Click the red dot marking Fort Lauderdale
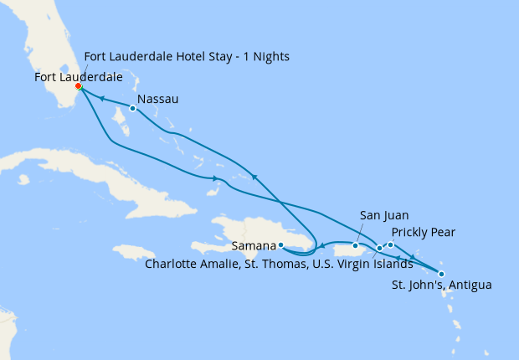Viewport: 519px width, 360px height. click(x=78, y=86)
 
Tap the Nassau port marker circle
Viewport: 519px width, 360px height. click(x=132, y=108)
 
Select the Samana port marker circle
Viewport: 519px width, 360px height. click(x=281, y=245)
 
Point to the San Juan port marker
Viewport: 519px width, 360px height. click(x=356, y=246)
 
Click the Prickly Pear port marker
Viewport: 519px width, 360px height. click(x=390, y=244)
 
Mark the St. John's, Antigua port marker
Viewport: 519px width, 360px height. click(x=441, y=274)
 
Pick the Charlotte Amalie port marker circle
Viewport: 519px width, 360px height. click(x=379, y=248)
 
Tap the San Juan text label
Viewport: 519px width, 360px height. click(x=384, y=215)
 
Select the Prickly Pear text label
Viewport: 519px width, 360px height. click(x=423, y=231)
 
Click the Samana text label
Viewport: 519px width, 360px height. click(x=254, y=247)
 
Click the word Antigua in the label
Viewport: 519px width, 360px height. click(x=470, y=285)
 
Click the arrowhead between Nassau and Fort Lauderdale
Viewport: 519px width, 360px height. click(x=101, y=98)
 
